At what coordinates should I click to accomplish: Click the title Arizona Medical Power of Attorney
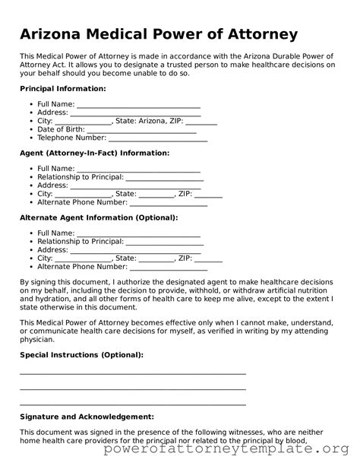(159, 35)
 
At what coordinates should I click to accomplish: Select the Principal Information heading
(63, 89)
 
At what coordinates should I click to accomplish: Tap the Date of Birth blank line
(144, 129)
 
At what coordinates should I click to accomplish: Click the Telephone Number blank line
(158, 138)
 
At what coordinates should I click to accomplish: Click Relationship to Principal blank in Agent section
(164, 177)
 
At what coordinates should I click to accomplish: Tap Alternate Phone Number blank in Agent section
(169, 203)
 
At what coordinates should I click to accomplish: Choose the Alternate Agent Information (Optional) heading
(99, 217)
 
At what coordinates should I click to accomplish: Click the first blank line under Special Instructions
(133, 372)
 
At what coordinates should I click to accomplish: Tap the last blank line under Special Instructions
(133, 403)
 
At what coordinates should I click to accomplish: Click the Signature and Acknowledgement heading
(87, 417)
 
